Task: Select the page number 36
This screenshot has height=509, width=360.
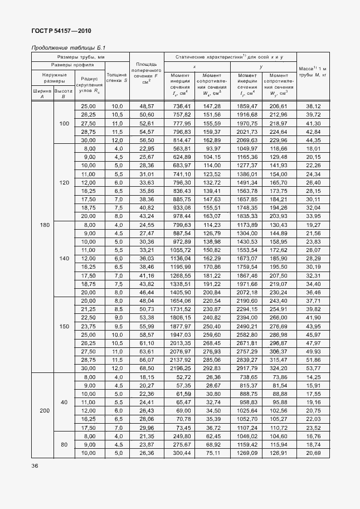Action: point(35,466)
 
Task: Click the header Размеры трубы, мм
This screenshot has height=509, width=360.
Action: point(80,57)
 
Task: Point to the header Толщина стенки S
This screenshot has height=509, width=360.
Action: point(117,77)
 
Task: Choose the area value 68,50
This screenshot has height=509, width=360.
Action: point(147,369)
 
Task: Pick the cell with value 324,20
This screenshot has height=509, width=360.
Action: point(280,369)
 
